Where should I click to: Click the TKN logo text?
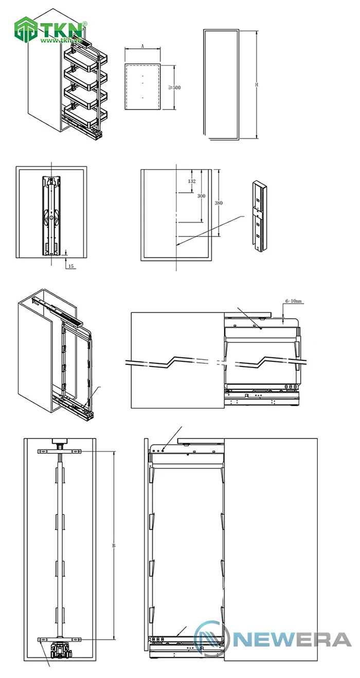tap(61, 28)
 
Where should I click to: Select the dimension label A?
tap(142, 46)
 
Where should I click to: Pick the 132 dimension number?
tap(192, 181)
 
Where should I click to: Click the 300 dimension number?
tap(201, 196)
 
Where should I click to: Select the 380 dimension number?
tap(219, 203)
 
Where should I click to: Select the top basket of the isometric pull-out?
tap(81, 57)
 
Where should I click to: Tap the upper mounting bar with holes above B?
tap(61, 451)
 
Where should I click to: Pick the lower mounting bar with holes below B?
tap(61, 639)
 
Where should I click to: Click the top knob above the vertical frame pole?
tap(60, 442)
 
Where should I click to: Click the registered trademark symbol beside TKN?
tap(85, 24)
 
